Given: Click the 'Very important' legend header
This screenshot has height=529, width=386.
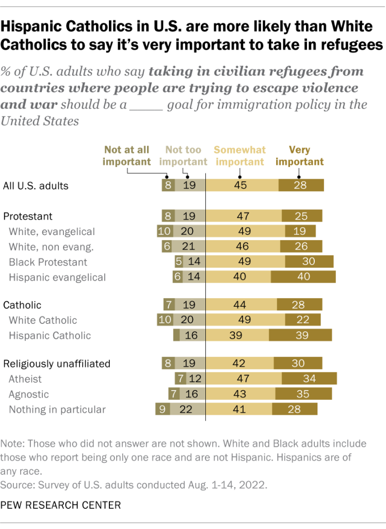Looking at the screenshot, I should [299, 155].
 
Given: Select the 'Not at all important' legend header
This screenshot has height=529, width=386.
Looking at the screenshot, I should [126, 155].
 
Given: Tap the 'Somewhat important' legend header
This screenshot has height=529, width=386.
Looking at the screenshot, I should [239, 155].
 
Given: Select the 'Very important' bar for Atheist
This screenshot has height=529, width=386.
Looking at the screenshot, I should [309, 379].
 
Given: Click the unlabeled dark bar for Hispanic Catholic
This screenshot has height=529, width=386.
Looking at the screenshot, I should [176, 335].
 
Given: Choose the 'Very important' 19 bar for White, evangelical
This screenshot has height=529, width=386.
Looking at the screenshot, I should [300, 231].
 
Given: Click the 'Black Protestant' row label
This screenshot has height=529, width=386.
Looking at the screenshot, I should [48, 262].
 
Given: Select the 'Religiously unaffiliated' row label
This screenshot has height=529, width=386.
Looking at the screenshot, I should [57, 364].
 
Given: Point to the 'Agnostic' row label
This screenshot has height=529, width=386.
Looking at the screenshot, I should [29, 394].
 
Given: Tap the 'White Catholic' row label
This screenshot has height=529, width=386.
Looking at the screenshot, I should [43, 320].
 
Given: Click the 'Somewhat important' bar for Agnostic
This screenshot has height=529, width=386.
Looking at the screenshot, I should [240, 394].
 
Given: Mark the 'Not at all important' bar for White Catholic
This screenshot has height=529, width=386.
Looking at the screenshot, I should [165, 320].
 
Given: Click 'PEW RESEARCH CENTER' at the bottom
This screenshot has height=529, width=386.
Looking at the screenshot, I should [61, 505].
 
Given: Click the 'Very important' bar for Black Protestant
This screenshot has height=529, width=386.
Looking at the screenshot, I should [309, 262].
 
